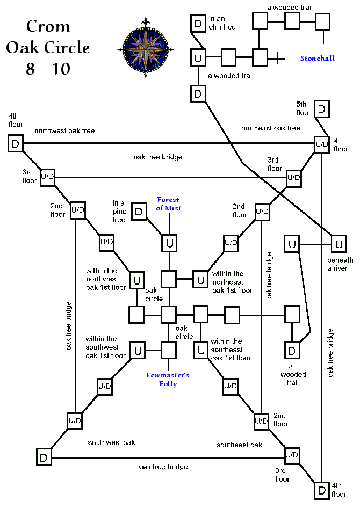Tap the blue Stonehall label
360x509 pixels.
[x=317, y=58]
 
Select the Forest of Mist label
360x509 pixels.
[x=169, y=204]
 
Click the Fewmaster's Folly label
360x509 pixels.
[x=168, y=380]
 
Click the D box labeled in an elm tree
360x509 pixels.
[x=198, y=24]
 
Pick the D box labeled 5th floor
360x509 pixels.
[x=321, y=110]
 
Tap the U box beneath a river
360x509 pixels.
[x=339, y=244]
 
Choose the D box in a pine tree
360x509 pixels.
[x=139, y=211]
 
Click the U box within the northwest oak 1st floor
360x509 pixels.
[x=136, y=280]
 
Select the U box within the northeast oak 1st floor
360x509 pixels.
[x=200, y=279]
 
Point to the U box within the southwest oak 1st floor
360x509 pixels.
[x=138, y=351]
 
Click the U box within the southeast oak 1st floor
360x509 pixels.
[x=201, y=351]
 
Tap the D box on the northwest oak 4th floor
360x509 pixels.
[x=15, y=143]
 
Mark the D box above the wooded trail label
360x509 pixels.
[x=291, y=351]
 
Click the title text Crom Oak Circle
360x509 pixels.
[x=48, y=47]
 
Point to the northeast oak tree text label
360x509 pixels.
[x=270, y=128]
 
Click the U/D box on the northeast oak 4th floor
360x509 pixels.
[x=321, y=144]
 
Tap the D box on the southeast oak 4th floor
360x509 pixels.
[x=321, y=490]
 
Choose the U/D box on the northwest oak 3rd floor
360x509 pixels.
[x=47, y=177]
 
